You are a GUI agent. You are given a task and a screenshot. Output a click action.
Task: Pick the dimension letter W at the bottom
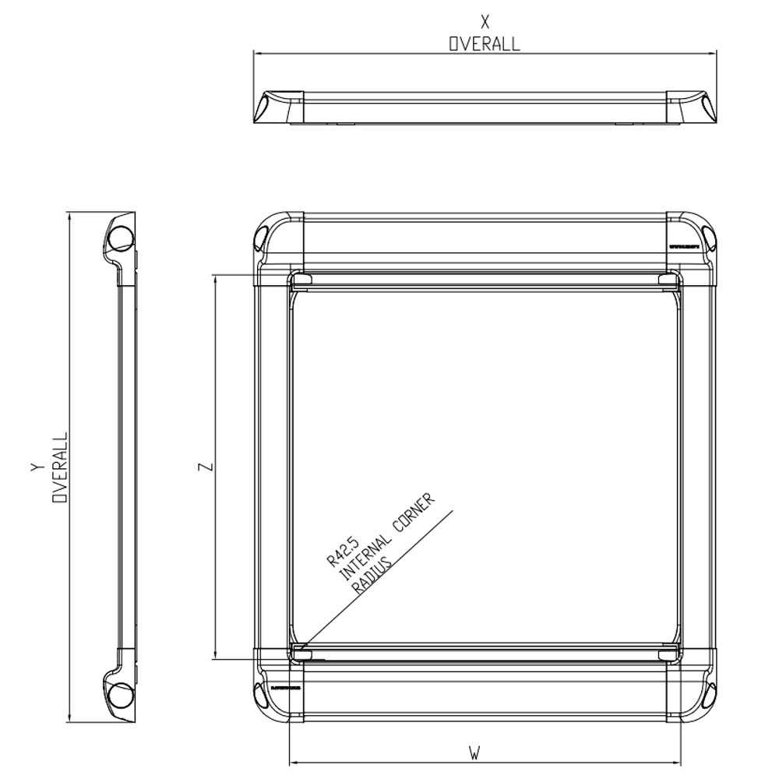point(474,753)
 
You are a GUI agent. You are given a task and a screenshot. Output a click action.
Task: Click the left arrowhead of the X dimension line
point(257,53)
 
